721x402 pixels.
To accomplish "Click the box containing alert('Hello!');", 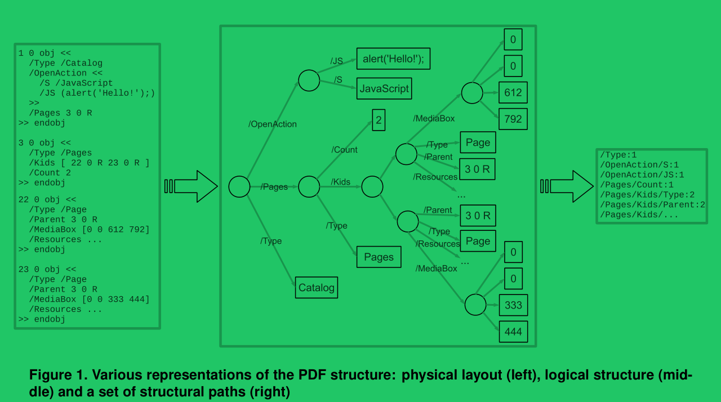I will [x=393, y=59].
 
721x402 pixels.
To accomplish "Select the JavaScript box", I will [x=384, y=89].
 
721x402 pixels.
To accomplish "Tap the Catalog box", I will [x=317, y=288].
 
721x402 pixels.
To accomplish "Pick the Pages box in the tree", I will [x=379, y=257].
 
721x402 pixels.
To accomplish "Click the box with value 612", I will [x=513, y=92].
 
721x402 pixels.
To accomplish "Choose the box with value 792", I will [x=513, y=119].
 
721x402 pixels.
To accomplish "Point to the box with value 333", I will [x=513, y=305].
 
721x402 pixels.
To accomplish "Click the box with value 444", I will [x=513, y=332].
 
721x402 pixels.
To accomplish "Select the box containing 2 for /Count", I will [x=379, y=120].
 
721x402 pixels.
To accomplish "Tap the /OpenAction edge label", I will [x=273, y=124].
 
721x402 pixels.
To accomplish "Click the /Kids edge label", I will [x=341, y=182].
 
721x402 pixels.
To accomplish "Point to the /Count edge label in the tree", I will [x=345, y=150].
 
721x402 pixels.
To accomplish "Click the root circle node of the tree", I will [x=239, y=186].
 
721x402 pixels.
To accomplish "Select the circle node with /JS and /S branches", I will [x=309, y=81].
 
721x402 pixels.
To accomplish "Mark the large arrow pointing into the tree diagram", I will [x=192, y=186].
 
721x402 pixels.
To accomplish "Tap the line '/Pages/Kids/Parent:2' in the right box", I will [x=652, y=204].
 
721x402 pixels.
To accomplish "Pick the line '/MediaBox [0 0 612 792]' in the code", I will [x=89, y=230].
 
